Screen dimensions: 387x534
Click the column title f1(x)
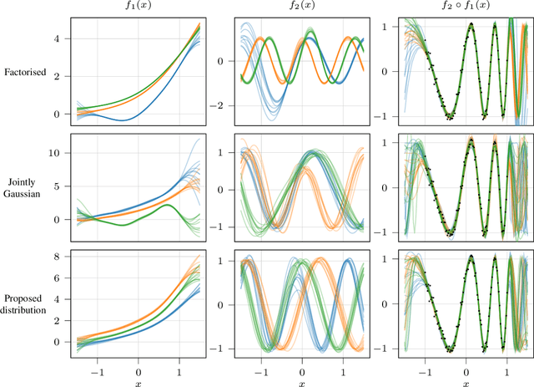pos(138,8)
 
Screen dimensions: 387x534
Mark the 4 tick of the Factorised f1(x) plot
pos(63,38)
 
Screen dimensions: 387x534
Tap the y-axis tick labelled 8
pos(63,255)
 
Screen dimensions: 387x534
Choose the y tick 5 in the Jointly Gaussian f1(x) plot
pos(63,186)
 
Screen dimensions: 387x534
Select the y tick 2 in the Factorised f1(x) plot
pos(63,76)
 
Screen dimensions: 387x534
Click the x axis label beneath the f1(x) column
pos(138,379)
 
